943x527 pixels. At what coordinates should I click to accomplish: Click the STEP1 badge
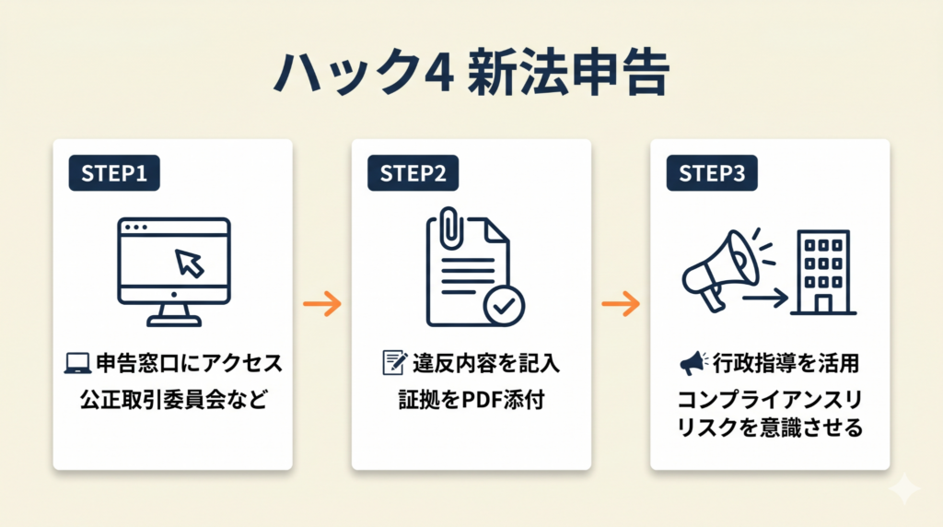114,173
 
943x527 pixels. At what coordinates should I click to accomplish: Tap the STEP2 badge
413,173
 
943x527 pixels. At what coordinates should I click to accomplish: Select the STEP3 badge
712,173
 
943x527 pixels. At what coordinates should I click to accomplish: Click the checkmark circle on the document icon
504,306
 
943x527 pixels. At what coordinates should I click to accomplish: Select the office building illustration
823,272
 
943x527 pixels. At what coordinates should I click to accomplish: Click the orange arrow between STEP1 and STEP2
322,304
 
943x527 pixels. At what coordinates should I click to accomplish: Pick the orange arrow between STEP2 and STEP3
622,304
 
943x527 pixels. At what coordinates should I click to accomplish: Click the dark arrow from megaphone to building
765,298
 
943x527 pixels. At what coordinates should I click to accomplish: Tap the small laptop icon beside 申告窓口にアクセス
77,363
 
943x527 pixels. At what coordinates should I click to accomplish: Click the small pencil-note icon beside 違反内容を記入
394,363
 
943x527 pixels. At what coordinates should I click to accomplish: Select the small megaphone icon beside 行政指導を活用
693,363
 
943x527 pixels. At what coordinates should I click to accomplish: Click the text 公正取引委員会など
174,400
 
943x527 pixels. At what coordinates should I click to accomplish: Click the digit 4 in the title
438,73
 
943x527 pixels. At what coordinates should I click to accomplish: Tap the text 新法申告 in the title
568,73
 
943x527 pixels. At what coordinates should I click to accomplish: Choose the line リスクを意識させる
770,427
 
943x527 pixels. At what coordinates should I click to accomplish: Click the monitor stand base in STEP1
174,322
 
